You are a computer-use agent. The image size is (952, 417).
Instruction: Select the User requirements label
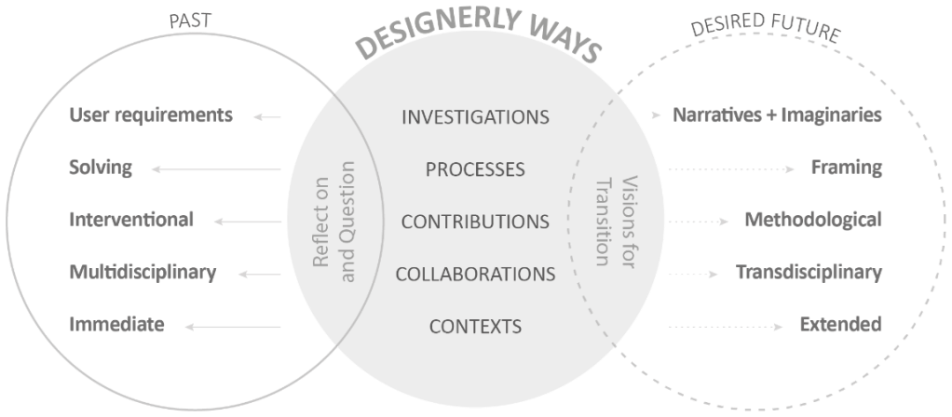tap(150, 116)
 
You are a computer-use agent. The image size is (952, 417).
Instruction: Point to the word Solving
tap(101, 168)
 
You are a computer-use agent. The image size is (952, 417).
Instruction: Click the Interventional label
tap(131, 221)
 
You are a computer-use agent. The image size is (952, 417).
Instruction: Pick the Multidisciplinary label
tap(143, 273)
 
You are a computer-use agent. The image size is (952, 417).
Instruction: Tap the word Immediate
tap(116, 325)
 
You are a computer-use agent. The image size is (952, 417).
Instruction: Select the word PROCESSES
tap(475, 169)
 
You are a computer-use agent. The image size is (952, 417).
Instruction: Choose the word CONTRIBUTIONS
tap(475, 222)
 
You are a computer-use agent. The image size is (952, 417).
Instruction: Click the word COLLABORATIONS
tap(475, 274)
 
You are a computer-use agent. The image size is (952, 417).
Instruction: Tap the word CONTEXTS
tap(475, 326)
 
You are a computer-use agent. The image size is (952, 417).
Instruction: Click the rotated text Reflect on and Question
tap(333, 221)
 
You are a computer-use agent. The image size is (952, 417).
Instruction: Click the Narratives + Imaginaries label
tap(777, 116)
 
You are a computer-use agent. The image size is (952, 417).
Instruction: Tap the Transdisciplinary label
tap(809, 273)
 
